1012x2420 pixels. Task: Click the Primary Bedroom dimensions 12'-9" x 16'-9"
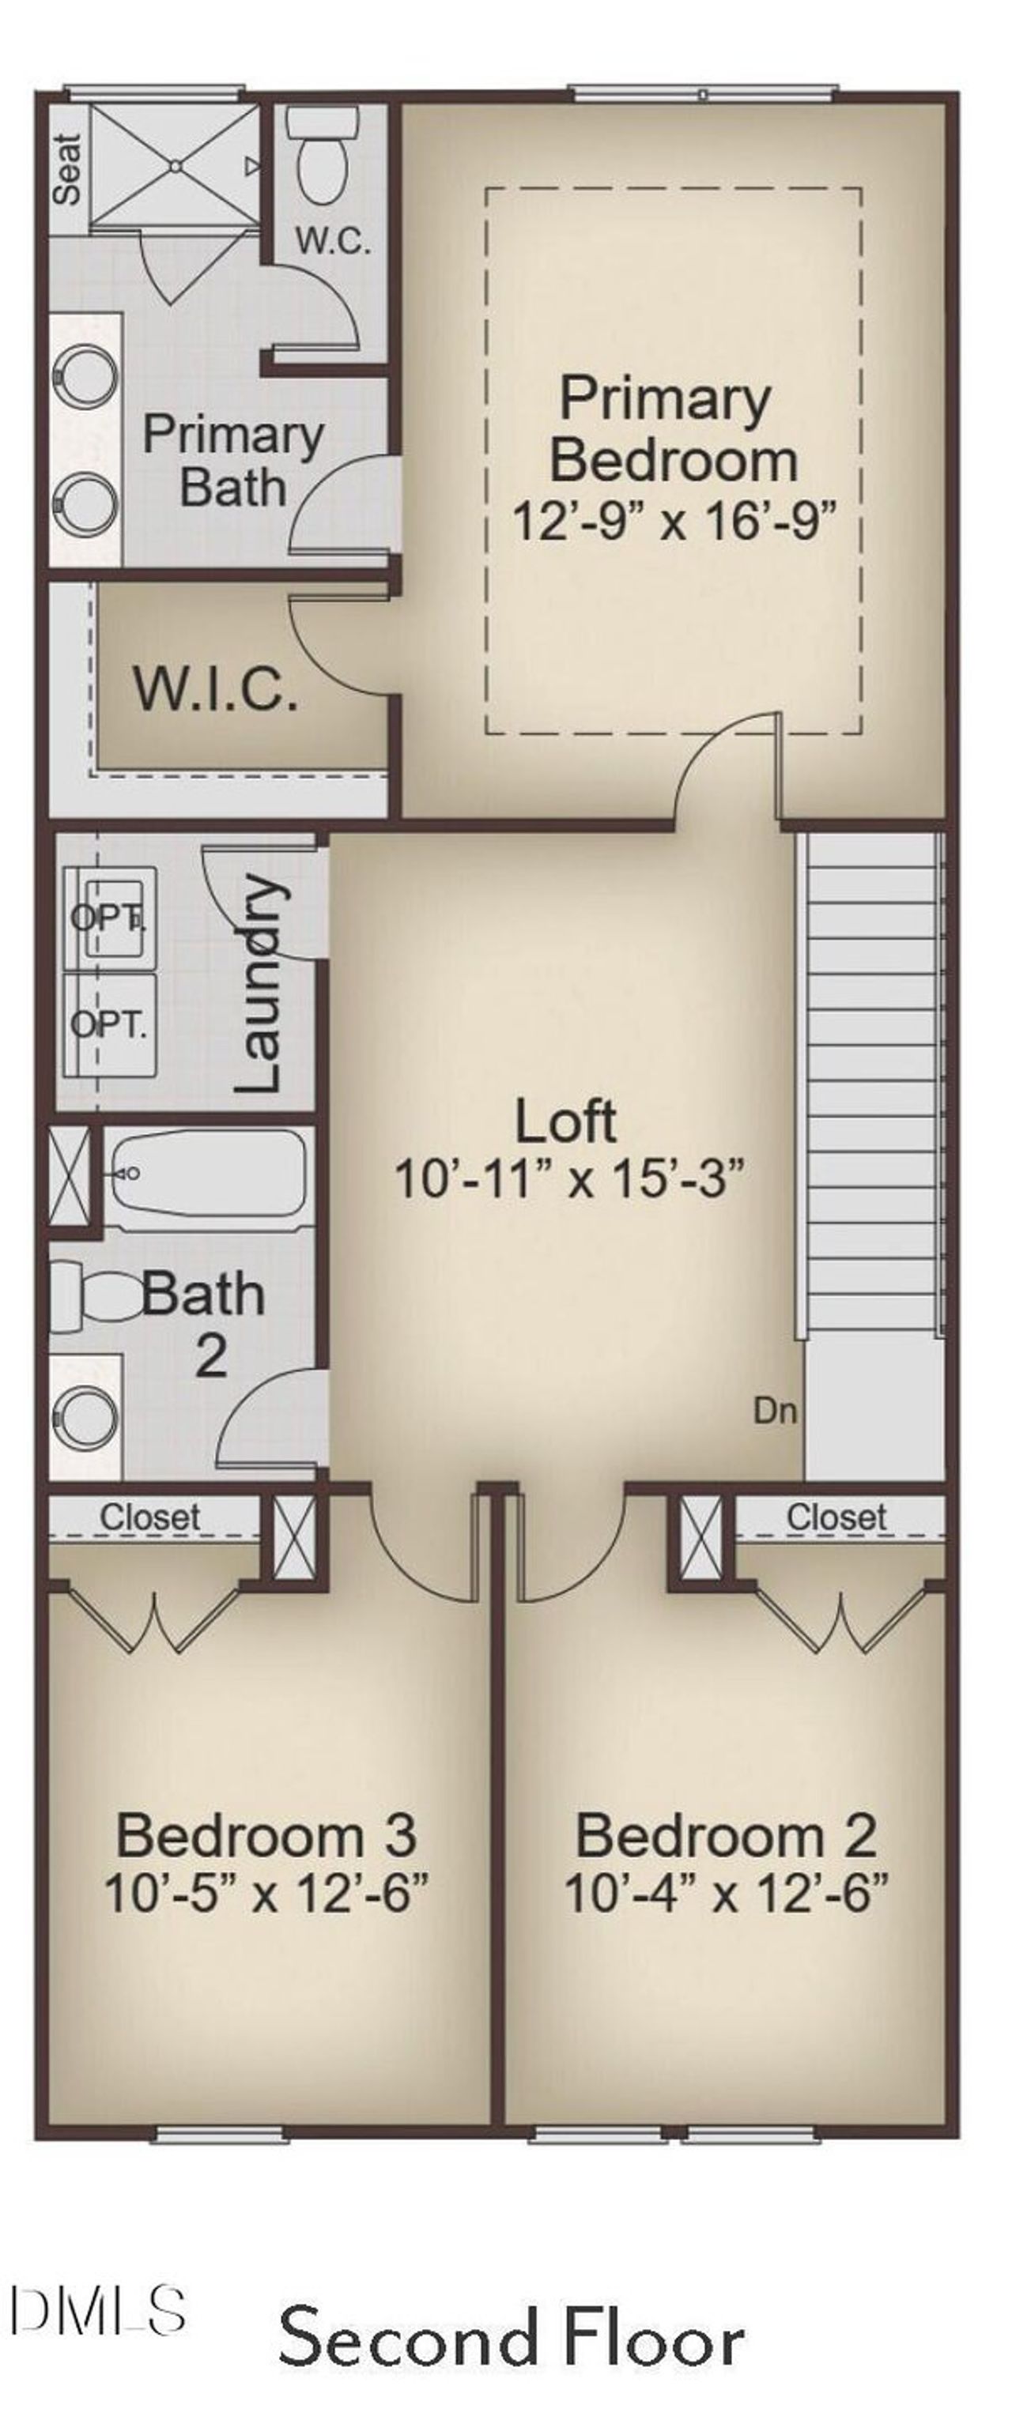[x=673, y=519]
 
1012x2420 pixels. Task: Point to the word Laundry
[x=259, y=984]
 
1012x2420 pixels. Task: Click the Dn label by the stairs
[x=776, y=1410]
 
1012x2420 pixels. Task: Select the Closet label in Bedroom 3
[x=150, y=1517]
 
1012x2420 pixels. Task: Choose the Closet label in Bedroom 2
[x=836, y=1517]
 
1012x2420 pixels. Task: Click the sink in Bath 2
[x=85, y=1419]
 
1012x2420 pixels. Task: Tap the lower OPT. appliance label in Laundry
[x=109, y=1024]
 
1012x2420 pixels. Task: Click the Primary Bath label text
[x=232, y=460]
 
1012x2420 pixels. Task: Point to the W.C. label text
[x=334, y=241]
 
